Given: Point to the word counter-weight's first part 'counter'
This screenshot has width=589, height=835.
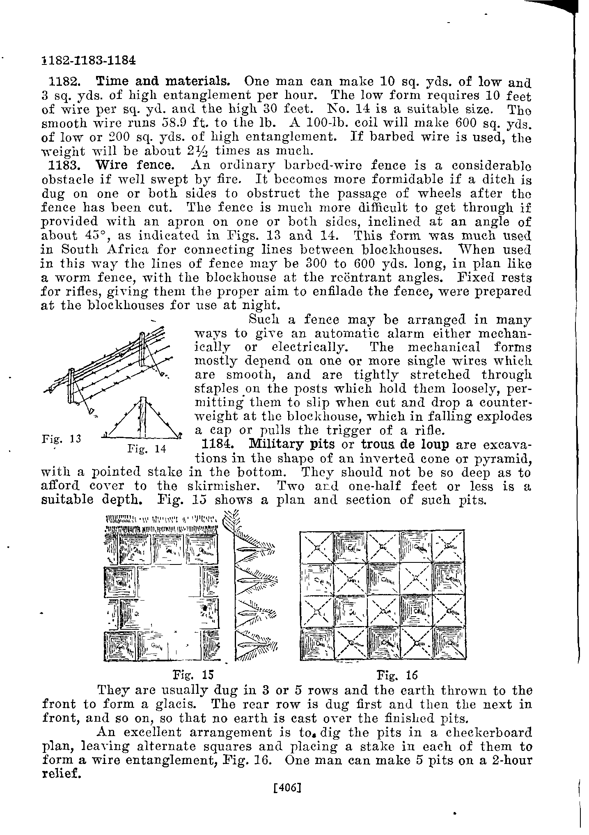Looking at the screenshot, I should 503,402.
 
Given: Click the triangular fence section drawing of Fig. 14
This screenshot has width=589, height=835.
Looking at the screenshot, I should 142,419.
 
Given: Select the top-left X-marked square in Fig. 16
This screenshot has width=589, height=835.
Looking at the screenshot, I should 317,547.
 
